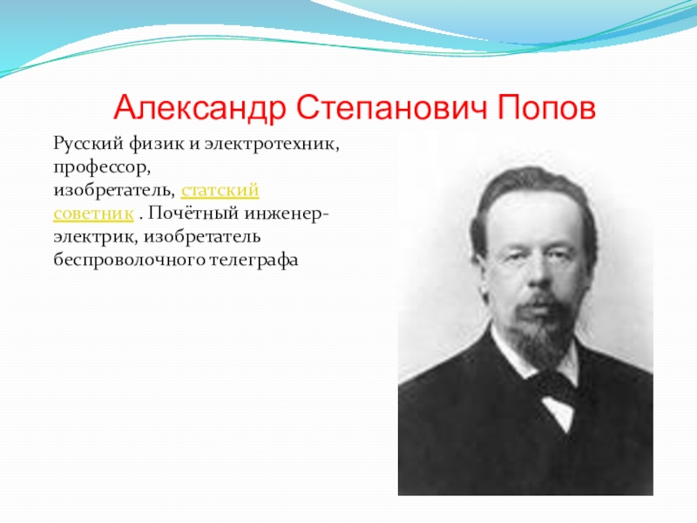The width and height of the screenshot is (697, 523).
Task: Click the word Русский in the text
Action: [x=85, y=143]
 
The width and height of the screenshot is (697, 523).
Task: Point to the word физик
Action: [x=152, y=143]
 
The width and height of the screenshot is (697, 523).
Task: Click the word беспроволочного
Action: [x=125, y=259]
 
